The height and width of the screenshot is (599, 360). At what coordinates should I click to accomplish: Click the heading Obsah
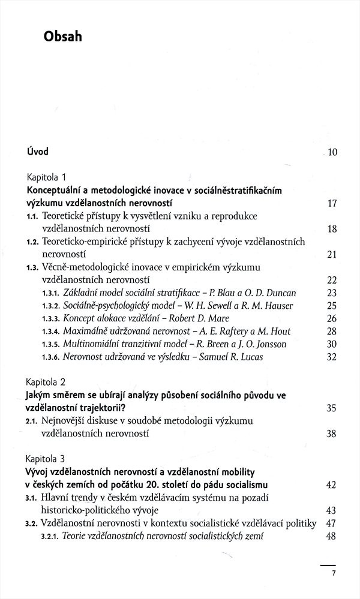click(x=62, y=37)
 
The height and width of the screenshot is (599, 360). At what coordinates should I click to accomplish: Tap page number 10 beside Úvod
click(x=332, y=152)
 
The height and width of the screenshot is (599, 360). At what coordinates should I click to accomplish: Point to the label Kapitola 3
click(x=49, y=457)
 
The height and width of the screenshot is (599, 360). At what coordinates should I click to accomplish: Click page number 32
click(x=332, y=357)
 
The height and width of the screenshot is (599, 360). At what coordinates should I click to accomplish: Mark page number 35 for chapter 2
click(x=332, y=408)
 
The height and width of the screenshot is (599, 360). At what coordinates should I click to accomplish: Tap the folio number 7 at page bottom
click(x=334, y=574)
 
